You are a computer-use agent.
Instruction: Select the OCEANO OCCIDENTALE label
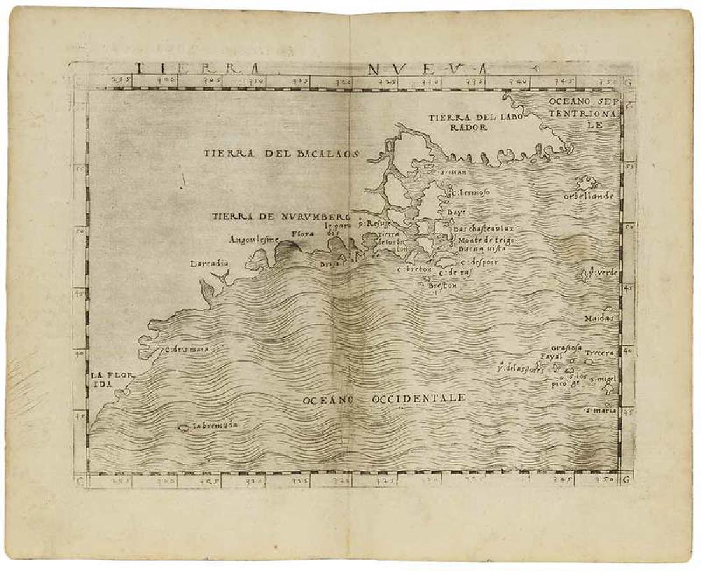[x=384, y=398]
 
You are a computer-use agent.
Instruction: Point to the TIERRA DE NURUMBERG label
[x=282, y=216]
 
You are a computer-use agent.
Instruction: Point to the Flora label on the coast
[x=301, y=234]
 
